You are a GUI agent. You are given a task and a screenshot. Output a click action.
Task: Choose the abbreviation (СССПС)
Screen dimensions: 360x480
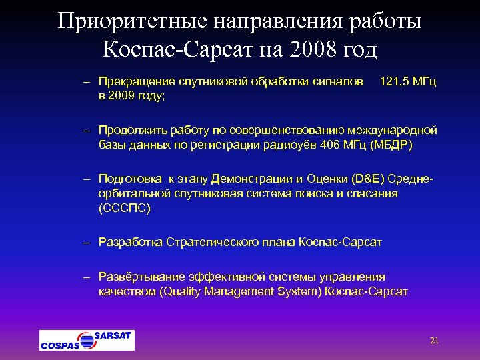click(125, 208)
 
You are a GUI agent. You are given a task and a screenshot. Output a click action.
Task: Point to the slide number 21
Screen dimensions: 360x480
click(434, 341)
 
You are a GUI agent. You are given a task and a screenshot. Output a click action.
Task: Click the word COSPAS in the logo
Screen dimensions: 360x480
click(59, 345)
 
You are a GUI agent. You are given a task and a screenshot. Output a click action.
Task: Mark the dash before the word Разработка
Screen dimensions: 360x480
click(87, 241)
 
